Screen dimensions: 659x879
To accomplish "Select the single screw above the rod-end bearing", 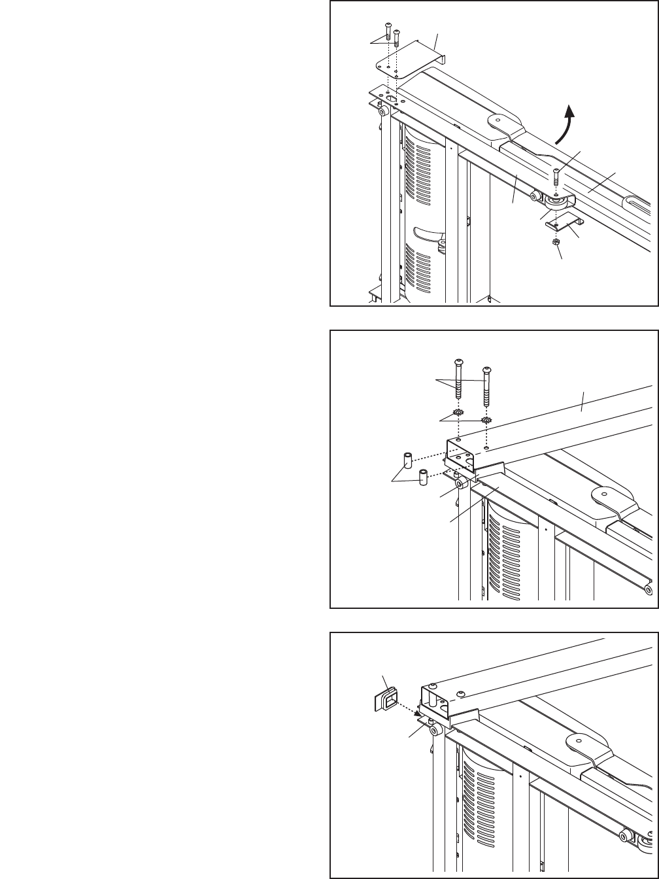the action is tap(555, 177).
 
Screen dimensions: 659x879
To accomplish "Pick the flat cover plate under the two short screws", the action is tap(409, 61).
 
